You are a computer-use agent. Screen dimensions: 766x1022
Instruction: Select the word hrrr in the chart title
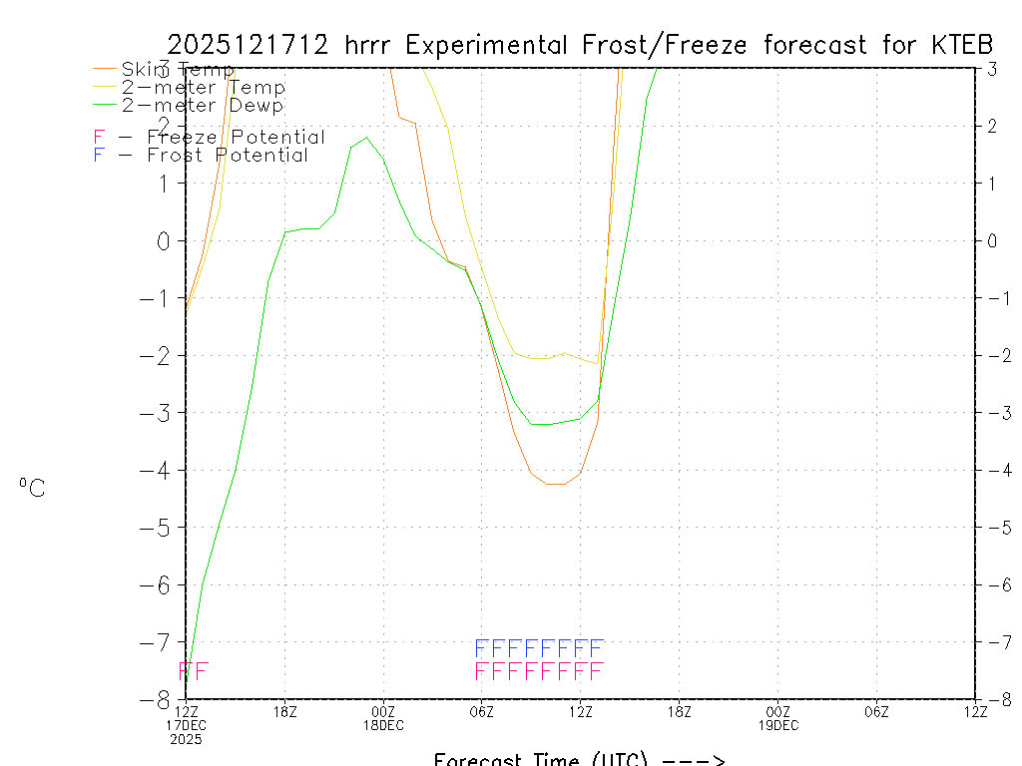(x=370, y=45)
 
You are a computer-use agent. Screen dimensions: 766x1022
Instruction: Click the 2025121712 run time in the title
(x=250, y=45)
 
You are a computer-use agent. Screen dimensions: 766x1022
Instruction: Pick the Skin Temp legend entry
(x=177, y=70)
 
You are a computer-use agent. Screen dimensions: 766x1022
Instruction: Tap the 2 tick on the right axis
(x=993, y=126)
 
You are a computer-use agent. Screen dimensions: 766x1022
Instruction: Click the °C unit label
(x=32, y=488)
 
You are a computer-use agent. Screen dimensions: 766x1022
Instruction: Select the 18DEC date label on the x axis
(x=383, y=725)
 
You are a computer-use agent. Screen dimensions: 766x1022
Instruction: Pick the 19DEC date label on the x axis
(x=777, y=725)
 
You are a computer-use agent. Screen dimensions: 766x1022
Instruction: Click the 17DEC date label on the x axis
(x=187, y=725)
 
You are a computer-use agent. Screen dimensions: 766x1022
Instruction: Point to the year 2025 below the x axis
(x=187, y=739)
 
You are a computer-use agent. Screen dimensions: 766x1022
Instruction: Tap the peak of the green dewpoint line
(x=366, y=138)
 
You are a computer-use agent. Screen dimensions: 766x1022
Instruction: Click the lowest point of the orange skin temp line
(x=555, y=484)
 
